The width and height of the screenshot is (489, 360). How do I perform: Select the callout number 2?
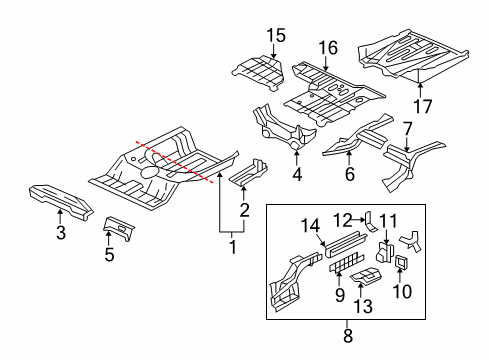pos(243,208)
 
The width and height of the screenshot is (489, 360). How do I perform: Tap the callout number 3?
pos(61,234)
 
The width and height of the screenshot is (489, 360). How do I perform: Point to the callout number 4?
pos(296,176)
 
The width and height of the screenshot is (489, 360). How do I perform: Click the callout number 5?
pos(109,254)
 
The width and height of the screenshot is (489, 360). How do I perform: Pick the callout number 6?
pos(350,174)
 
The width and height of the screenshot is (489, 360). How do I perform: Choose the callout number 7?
pos(407,127)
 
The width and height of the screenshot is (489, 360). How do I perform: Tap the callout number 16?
pos(326,46)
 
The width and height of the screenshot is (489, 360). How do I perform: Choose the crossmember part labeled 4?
pos(285,126)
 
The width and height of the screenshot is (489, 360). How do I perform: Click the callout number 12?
pos(341,220)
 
